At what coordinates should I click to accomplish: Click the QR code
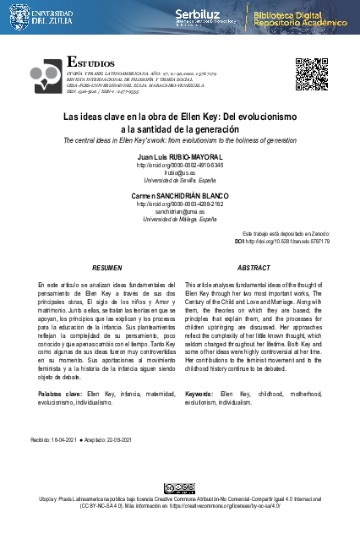point(310,74)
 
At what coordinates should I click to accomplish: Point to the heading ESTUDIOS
point(90,63)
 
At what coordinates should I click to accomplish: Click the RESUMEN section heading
point(106,267)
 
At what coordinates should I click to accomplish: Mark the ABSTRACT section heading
point(254,267)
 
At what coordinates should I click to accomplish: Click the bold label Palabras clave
point(59,395)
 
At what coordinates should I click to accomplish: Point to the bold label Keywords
point(199,395)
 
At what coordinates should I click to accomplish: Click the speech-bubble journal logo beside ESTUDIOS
point(47,75)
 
